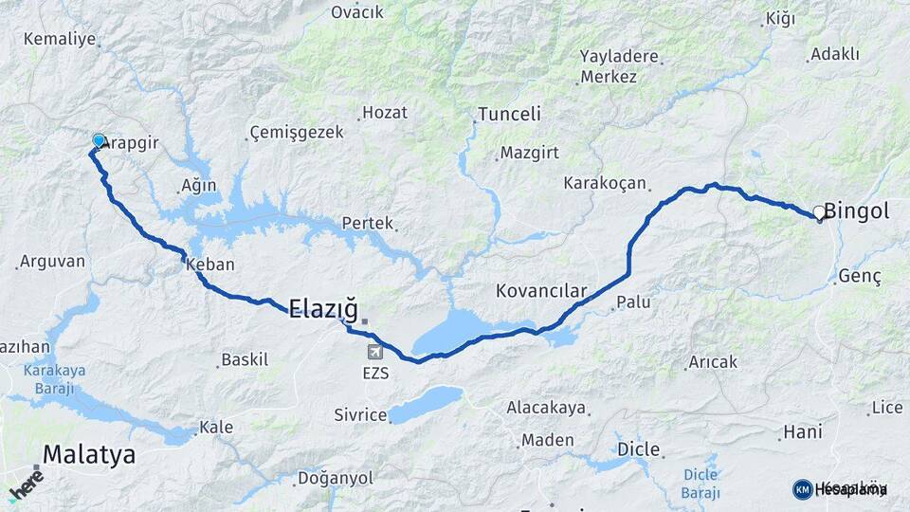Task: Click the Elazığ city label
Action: click(323, 307)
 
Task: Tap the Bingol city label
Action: click(856, 211)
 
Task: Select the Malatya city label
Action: click(88, 454)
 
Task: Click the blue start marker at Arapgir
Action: click(99, 141)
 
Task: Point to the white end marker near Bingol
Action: click(819, 213)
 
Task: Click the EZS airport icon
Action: click(375, 353)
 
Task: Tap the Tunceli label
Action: click(509, 114)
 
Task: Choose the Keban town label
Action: click(210, 265)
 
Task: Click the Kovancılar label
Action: click(541, 290)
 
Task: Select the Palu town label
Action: click(632, 303)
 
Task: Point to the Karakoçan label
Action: click(605, 183)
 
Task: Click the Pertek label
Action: click(367, 224)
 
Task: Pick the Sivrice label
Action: click(360, 415)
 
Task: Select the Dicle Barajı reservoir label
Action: click(701, 484)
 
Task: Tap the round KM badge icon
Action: click(802, 489)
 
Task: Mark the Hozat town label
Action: click(385, 113)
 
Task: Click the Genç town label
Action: click(860, 277)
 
